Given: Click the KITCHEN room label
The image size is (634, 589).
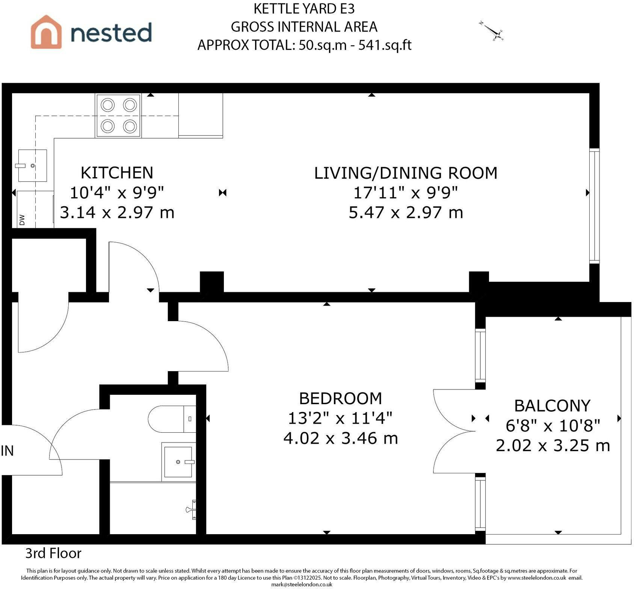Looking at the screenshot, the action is [117, 173].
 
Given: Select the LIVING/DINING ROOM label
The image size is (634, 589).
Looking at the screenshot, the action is [406, 173].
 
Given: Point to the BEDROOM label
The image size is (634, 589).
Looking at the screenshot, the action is [341, 398].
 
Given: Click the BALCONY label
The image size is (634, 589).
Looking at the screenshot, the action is [552, 406].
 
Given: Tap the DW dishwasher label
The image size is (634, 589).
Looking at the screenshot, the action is [22, 220].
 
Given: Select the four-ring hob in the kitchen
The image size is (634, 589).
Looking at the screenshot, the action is [119, 116].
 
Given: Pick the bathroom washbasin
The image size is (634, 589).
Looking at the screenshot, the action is [179, 462].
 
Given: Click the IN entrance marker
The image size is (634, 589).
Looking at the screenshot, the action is [7, 451].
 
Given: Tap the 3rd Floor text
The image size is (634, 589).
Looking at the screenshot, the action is [53, 553].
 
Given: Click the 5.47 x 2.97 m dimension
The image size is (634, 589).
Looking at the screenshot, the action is [406, 213].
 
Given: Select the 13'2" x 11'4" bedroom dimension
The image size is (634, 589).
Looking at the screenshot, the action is [340, 418].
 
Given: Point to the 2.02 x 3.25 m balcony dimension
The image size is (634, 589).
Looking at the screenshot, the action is [553, 446].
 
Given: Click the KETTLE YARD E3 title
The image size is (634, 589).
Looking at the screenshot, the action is [304, 8].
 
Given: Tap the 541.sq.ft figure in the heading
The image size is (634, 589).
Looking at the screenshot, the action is [385, 45].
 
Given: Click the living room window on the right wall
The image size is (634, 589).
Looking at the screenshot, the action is [594, 205].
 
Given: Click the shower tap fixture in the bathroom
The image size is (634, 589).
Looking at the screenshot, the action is [191, 509].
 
